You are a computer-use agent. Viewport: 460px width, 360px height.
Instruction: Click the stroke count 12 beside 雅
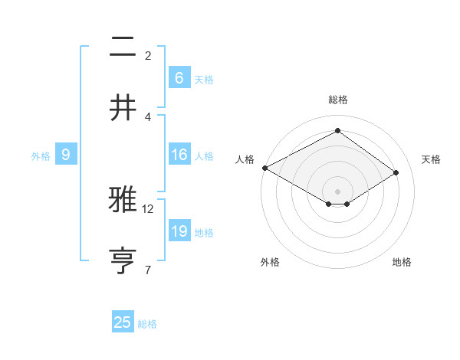point(148,208)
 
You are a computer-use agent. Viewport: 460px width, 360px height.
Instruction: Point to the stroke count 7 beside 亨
point(148,270)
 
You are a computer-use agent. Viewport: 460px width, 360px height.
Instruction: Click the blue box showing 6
point(179,78)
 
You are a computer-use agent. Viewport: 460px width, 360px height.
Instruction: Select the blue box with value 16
point(179,155)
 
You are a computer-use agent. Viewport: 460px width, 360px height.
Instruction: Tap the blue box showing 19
point(179,231)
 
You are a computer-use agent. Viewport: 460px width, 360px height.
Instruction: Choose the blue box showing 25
point(123,322)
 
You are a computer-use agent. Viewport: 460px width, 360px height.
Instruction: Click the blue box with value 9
point(66,155)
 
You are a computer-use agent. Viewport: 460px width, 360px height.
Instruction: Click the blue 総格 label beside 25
point(147,324)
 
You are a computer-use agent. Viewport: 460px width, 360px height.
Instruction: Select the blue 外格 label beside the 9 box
point(41,156)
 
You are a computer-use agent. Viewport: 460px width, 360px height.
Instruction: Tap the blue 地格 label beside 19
point(204,233)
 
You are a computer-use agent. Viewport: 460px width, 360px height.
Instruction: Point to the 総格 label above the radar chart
point(337,100)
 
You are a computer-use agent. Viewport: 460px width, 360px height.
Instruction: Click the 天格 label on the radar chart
point(431,159)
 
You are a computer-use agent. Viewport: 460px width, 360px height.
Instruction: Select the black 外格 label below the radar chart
point(270,262)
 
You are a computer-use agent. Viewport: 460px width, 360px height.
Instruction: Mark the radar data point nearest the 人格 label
point(264,168)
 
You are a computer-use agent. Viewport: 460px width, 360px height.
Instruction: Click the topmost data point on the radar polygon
point(337,131)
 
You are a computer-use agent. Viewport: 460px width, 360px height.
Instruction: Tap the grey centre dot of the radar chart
point(337,191)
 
